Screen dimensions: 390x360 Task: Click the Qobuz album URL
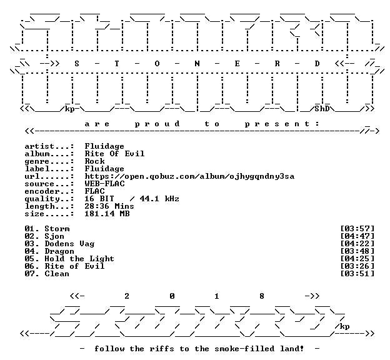pyautogui.click(x=189, y=176)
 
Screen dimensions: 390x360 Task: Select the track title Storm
pyautogui.click(x=57, y=229)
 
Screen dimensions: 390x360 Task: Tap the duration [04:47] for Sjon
pyautogui.click(x=357, y=236)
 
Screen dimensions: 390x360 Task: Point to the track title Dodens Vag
pyautogui.click(x=69, y=244)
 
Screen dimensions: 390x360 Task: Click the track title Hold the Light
pyautogui.click(x=79, y=259)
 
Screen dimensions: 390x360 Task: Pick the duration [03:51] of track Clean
pyautogui.click(x=357, y=273)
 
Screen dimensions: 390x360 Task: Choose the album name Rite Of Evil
pyautogui.click(x=114, y=154)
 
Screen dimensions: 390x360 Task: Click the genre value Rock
pyautogui.click(x=94, y=161)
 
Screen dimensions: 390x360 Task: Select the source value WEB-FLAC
pyautogui.click(x=104, y=184)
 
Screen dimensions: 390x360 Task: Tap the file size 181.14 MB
pyautogui.click(x=107, y=214)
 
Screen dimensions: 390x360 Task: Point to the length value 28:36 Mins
pyautogui.click(x=109, y=206)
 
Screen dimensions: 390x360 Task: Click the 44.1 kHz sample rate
pyautogui.click(x=159, y=199)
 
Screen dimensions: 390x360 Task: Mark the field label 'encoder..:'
pyautogui.click(x=49, y=191)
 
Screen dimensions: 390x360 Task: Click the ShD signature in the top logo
pyautogui.click(x=322, y=109)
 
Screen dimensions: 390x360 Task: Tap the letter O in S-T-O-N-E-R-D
pyautogui.click(x=157, y=64)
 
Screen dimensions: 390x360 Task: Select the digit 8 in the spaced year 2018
pyautogui.click(x=262, y=296)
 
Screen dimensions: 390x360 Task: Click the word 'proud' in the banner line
pyautogui.click(x=157, y=124)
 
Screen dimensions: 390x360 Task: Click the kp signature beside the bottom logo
pyautogui.click(x=344, y=326)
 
